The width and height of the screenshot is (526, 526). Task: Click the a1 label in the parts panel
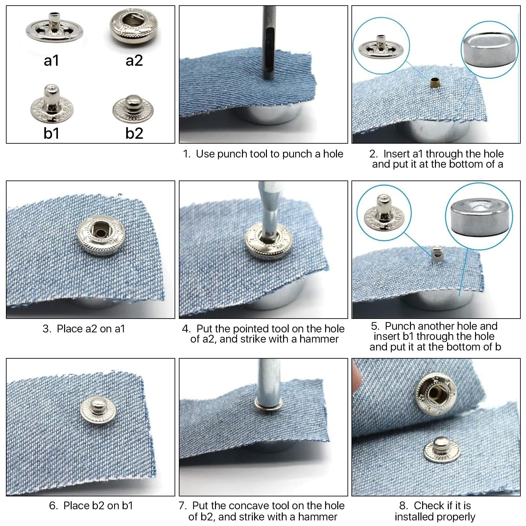point(51,60)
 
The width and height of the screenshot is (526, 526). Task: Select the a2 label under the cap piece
point(134,60)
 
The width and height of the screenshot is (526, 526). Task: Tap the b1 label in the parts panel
point(51,133)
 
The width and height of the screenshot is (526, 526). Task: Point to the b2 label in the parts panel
point(134,133)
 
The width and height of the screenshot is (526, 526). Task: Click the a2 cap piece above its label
point(133,29)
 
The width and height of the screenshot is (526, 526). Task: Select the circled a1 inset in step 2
point(381,43)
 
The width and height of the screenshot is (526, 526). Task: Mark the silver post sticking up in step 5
point(436,254)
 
